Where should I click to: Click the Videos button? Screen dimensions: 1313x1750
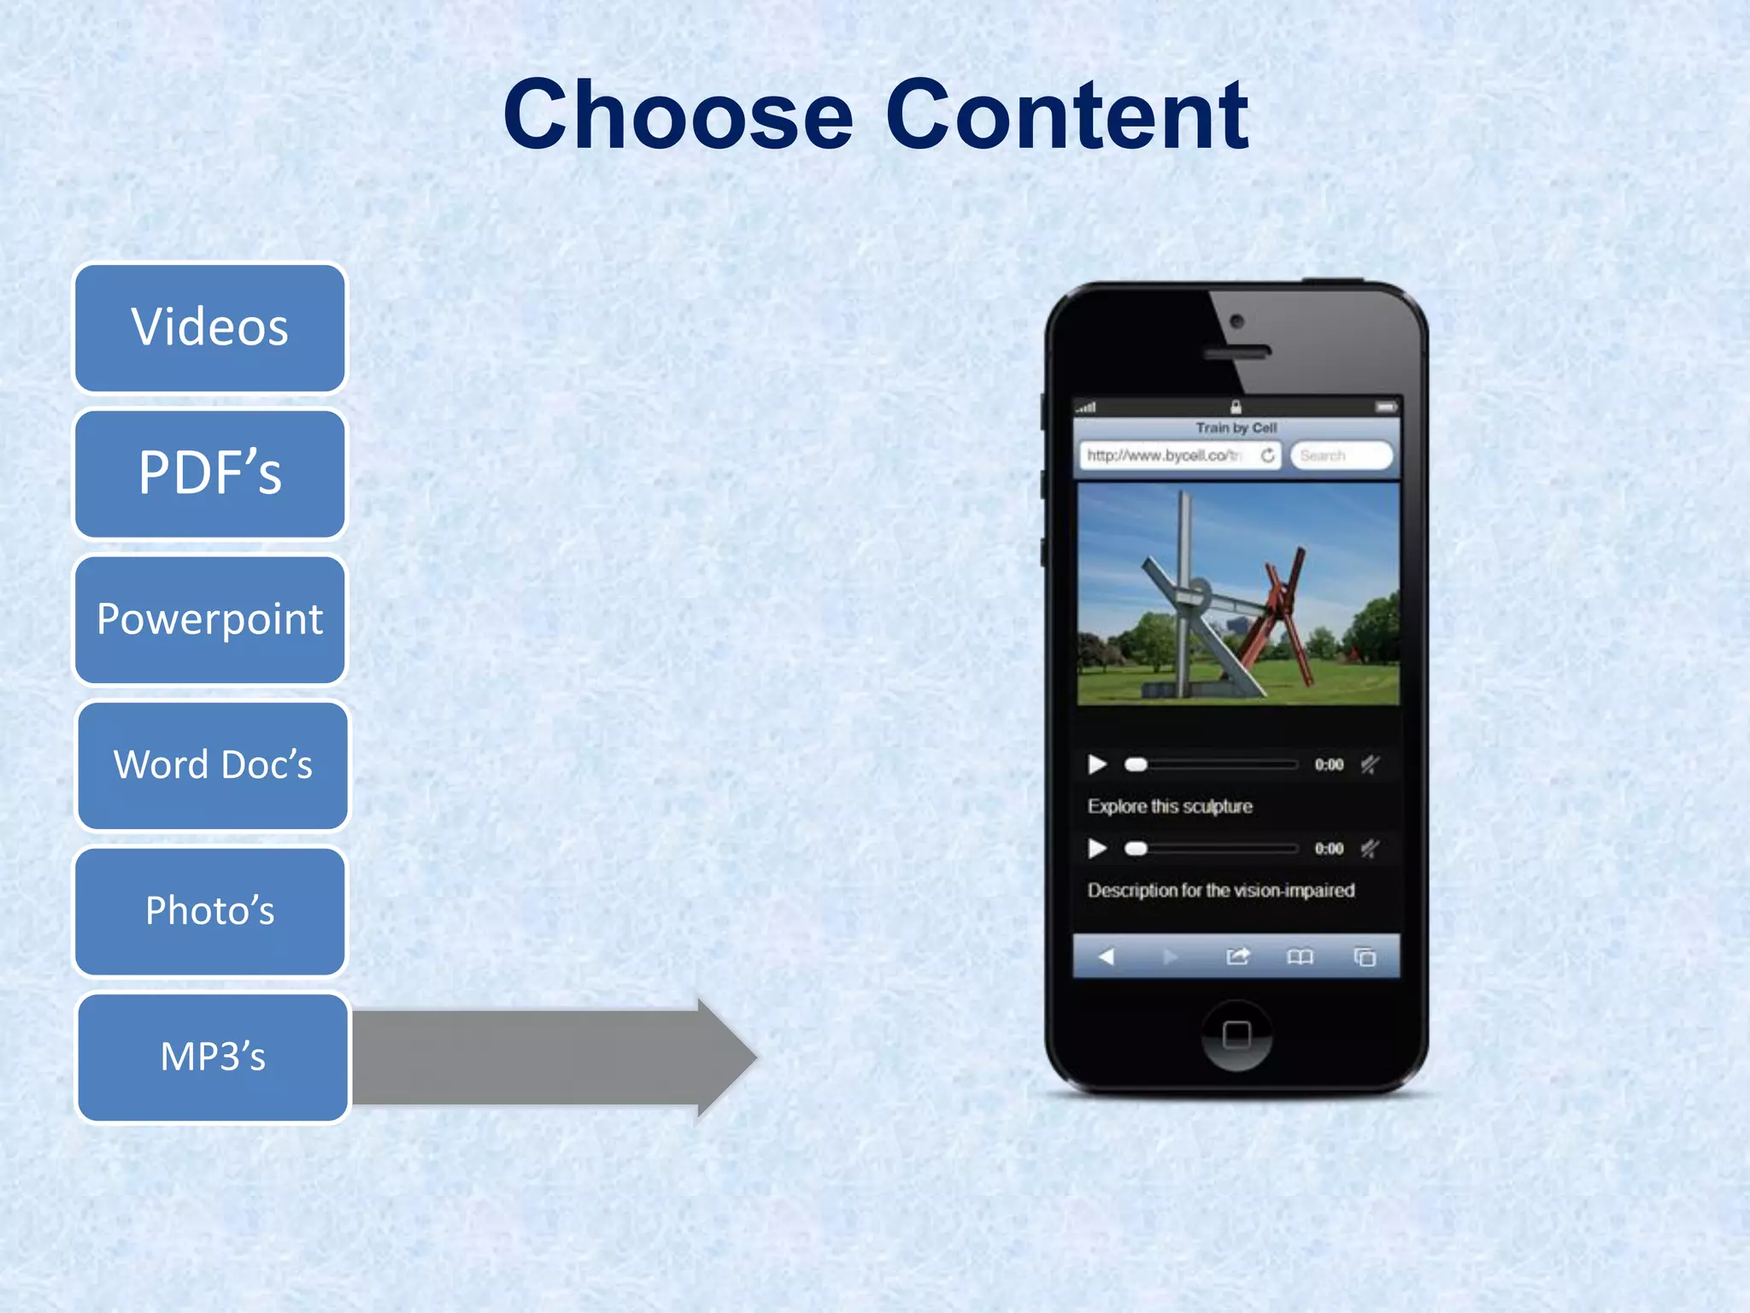[210, 328]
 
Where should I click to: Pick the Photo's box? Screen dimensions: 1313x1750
[210, 911]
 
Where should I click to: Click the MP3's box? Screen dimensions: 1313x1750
[213, 1057]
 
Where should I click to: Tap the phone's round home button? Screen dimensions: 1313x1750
[1236, 1035]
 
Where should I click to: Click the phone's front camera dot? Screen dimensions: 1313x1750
[1236, 322]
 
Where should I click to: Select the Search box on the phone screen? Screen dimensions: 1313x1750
[1340, 456]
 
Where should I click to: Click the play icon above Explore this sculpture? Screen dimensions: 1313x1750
[1097, 764]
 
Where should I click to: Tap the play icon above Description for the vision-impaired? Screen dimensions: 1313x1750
[1097, 848]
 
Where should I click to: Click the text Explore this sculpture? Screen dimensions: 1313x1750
[1170, 806]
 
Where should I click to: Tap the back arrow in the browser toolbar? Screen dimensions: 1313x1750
[1107, 957]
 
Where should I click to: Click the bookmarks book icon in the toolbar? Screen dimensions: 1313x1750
[1300, 957]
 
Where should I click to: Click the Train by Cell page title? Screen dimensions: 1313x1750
[1236, 427]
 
